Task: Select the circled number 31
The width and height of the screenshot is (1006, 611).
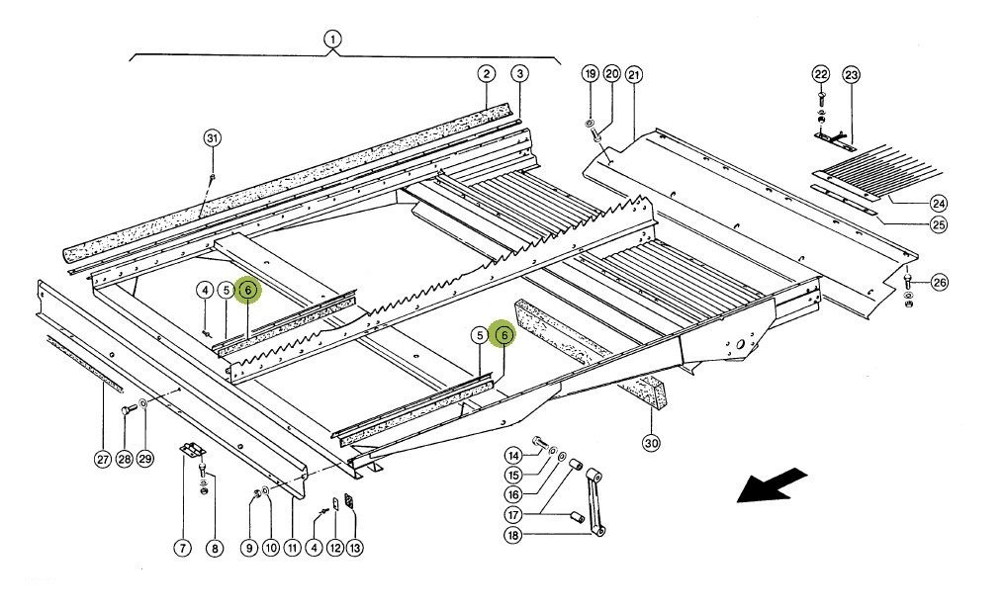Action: (x=212, y=137)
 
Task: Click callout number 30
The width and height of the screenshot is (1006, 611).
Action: (x=650, y=442)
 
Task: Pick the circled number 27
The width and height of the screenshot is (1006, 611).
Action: (x=103, y=459)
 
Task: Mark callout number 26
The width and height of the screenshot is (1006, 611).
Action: (x=938, y=283)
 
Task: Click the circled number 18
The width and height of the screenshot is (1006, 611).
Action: (x=512, y=535)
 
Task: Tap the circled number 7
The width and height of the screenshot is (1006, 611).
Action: (x=182, y=548)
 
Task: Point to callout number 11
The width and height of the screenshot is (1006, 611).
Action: (x=292, y=548)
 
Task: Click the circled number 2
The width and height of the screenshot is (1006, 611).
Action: (x=486, y=74)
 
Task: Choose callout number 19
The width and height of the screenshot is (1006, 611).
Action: (x=590, y=74)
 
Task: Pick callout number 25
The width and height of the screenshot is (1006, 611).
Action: (x=938, y=224)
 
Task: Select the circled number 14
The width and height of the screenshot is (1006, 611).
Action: (x=512, y=455)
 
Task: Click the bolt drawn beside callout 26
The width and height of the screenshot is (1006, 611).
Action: (x=909, y=283)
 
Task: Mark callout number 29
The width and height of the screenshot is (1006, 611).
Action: (x=146, y=459)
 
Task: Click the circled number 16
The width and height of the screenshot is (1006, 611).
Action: (x=512, y=494)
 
